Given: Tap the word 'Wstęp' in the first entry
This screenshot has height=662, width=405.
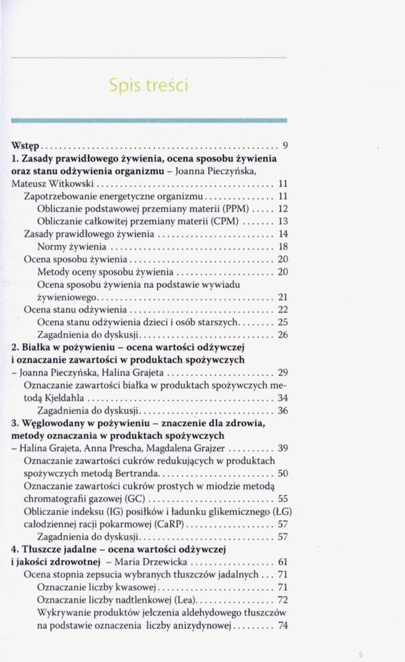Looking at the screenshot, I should (27, 145).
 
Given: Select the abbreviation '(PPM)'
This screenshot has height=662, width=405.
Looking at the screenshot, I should (236, 209).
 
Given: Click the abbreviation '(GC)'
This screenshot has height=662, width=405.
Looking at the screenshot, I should (139, 499).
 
